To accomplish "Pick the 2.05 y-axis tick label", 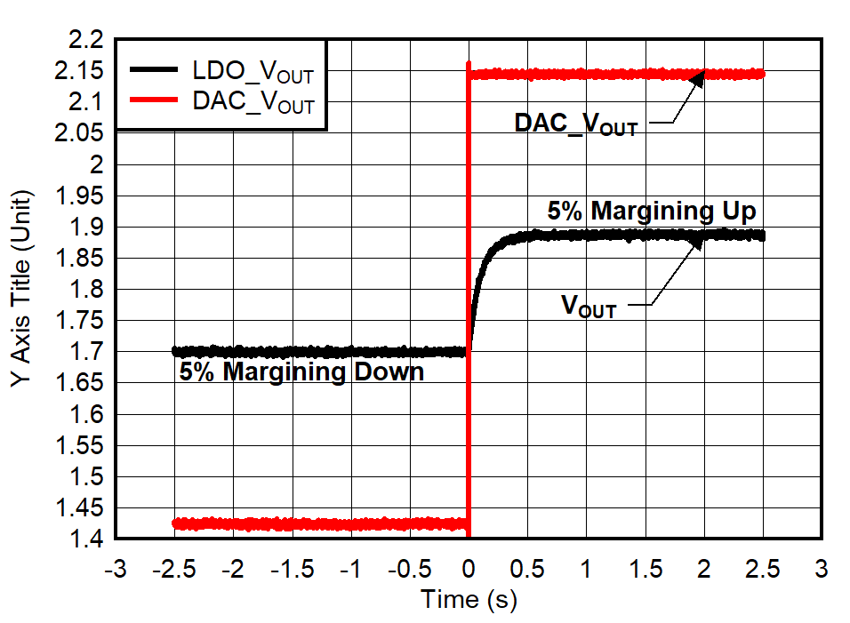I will (x=81, y=133).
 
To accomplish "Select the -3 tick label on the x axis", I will (x=116, y=567).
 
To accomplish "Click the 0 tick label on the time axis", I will (x=469, y=567).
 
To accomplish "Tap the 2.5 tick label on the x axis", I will (x=764, y=567).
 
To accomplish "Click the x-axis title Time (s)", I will (x=469, y=600).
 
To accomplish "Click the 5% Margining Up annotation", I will (x=651, y=212).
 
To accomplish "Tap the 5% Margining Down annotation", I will (x=301, y=371).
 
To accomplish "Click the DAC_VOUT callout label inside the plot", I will (x=575, y=124).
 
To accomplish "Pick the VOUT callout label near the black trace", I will (x=589, y=307).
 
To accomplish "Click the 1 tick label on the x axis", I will (x=587, y=567).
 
